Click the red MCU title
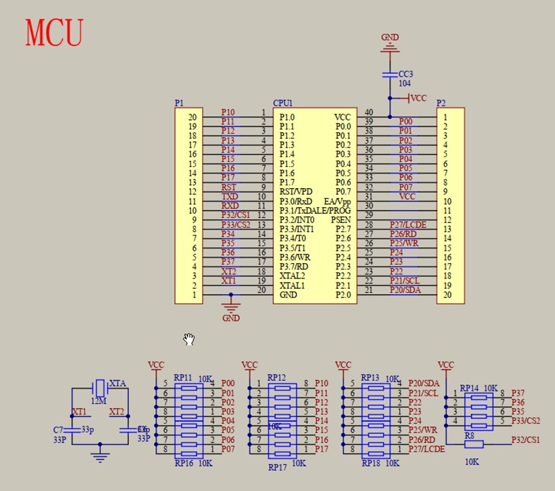pyautogui.click(x=55, y=33)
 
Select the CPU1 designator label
pyautogui.click(x=282, y=103)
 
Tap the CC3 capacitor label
pyautogui.click(x=406, y=74)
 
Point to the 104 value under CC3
pyautogui.click(x=405, y=83)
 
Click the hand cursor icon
pyautogui.click(x=189, y=339)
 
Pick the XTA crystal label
pyautogui.click(x=117, y=383)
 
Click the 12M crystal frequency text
pyautogui.click(x=98, y=401)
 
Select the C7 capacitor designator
pyautogui.click(x=58, y=429)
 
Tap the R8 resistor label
pyautogui.click(x=470, y=435)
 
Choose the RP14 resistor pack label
pyautogui.click(x=470, y=388)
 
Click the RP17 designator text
pyautogui.click(x=278, y=467)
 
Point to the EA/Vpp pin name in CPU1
pyautogui.click(x=337, y=201)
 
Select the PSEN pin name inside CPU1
pyautogui.click(x=341, y=220)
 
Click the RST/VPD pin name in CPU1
pyautogui.click(x=297, y=192)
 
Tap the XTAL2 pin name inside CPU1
pyautogui.click(x=293, y=275)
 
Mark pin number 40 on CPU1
pyautogui.click(x=369, y=112)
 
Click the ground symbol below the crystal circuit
pyautogui.click(x=99, y=457)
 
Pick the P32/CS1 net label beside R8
pyautogui.click(x=525, y=440)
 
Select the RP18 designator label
pyautogui.click(x=371, y=463)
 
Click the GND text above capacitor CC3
pyautogui.click(x=390, y=37)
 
